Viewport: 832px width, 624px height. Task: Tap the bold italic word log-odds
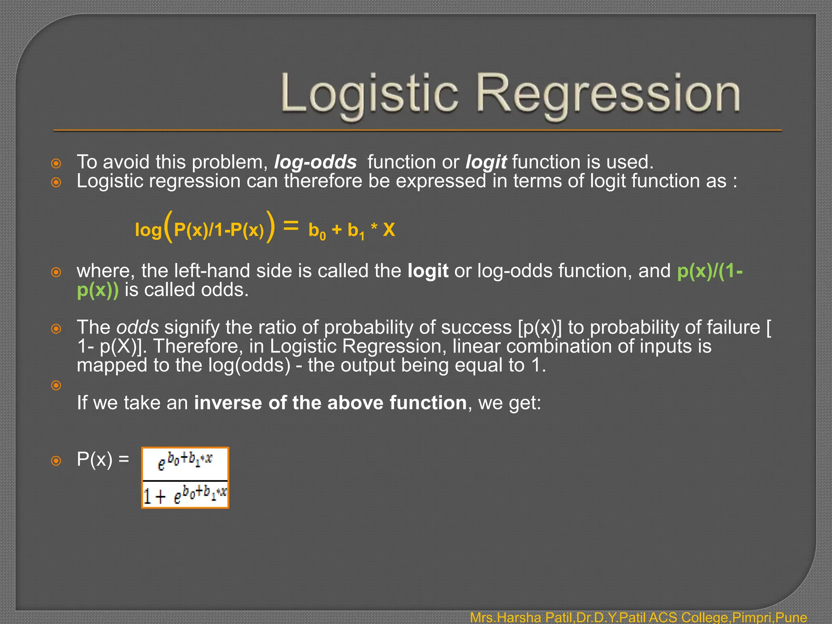click(315, 162)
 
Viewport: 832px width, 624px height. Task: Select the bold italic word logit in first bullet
click(486, 162)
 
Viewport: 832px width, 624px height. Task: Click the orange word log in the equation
click(148, 230)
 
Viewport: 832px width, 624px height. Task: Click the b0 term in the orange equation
click(317, 231)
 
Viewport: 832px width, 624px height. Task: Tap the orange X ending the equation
click(389, 230)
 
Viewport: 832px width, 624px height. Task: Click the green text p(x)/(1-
click(710, 271)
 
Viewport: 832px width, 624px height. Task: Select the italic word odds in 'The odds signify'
click(137, 327)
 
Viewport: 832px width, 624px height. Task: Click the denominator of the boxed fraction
click(185, 495)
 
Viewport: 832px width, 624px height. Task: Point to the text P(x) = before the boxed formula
click(103, 460)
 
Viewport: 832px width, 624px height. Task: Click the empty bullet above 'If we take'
click(56, 385)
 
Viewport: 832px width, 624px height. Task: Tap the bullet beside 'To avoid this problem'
click(56, 164)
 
